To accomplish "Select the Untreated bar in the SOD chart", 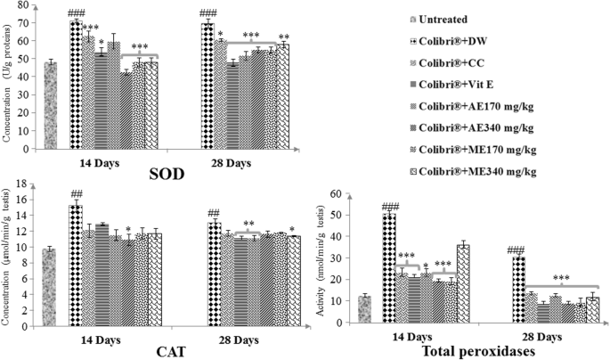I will click(x=51, y=108).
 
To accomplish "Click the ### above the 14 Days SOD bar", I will click(x=77, y=13).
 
